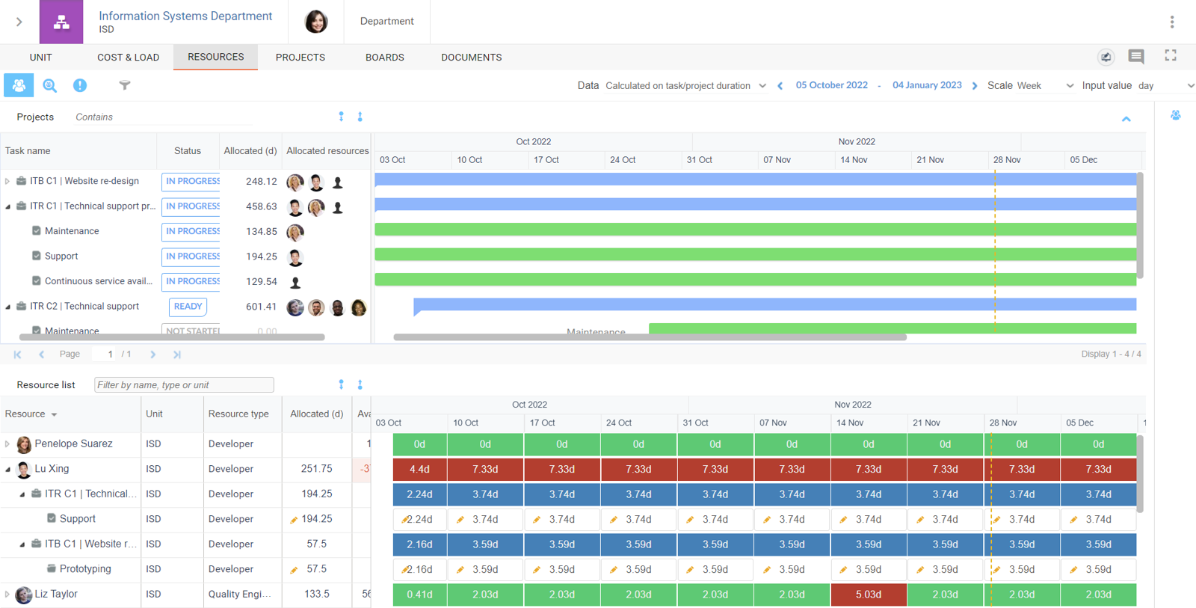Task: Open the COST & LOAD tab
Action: [128, 58]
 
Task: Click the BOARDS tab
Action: [384, 58]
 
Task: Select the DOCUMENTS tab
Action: [471, 58]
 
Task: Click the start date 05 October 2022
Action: [831, 85]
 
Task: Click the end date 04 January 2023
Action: [927, 85]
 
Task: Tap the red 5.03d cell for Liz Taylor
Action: [868, 595]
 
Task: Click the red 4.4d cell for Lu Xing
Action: [419, 470]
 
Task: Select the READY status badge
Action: [188, 307]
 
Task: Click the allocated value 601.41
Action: [261, 307]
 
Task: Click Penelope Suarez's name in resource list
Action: [73, 443]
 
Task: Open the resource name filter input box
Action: [184, 385]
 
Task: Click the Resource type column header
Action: [238, 414]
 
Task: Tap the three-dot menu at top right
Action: [1171, 22]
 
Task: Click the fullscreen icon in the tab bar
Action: [1171, 55]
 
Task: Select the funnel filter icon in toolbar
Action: [125, 85]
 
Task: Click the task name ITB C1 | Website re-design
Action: [84, 181]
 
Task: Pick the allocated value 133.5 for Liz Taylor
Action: [316, 594]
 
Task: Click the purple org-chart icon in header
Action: [61, 22]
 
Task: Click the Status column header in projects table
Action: [188, 150]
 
